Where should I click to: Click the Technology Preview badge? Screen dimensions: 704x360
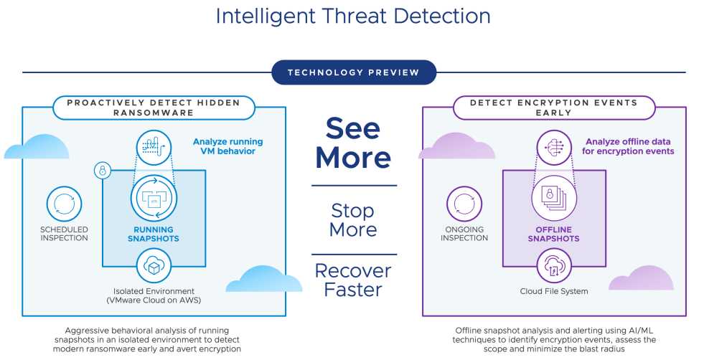pyautogui.click(x=354, y=72)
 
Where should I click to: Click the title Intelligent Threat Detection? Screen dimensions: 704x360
pyautogui.click(x=353, y=16)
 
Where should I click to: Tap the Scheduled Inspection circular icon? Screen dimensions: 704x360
pyautogui.click(x=64, y=204)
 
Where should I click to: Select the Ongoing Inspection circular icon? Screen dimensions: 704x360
pyautogui.click(x=464, y=204)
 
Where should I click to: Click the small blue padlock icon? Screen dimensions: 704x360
pyautogui.click(x=103, y=171)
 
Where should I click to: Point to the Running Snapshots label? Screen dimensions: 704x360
pyautogui.click(x=154, y=234)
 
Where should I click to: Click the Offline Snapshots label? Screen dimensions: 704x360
pyautogui.click(x=553, y=234)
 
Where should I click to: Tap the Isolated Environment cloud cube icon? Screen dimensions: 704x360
pyautogui.click(x=154, y=266)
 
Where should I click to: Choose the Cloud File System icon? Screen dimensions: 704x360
pyautogui.click(x=554, y=266)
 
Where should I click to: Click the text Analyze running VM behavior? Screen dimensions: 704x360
pyautogui.click(x=228, y=146)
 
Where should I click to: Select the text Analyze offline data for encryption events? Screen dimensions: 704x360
pyautogui.click(x=628, y=146)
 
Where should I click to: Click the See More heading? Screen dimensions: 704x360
pyautogui.click(x=353, y=143)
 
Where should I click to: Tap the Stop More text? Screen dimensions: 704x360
pyautogui.click(x=353, y=220)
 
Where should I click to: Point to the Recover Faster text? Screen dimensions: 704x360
pyautogui.click(x=353, y=280)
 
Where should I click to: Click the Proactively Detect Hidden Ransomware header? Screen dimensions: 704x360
pyautogui.click(x=154, y=108)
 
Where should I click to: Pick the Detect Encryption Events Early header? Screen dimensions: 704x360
pyautogui.click(x=553, y=108)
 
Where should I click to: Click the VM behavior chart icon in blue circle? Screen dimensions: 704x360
pyautogui.click(x=154, y=147)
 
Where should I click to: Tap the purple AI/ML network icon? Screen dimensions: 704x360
pyautogui.click(x=554, y=147)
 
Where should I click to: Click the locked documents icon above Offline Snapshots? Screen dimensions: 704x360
pyautogui.click(x=554, y=197)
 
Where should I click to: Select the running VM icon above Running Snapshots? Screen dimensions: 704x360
pyautogui.click(x=154, y=197)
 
